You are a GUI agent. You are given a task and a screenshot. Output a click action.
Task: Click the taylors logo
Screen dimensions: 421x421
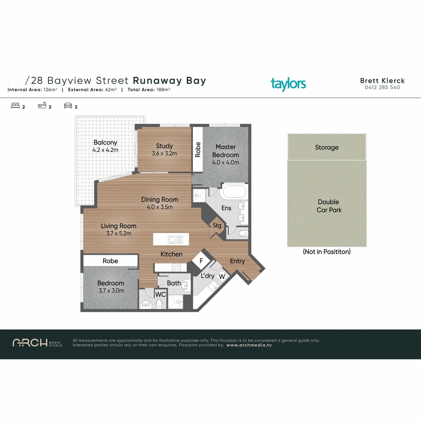click(x=288, y=84)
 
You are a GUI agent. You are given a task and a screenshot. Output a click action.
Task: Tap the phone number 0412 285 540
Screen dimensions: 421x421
click(x=382, y=88)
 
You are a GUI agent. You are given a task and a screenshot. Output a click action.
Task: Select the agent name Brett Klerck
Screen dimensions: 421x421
click(x=382, y=81)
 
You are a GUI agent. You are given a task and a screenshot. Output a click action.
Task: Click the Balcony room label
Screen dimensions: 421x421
click(x=105, y=143)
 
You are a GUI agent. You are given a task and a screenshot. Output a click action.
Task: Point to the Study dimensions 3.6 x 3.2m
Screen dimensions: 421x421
click(x=164, y=154)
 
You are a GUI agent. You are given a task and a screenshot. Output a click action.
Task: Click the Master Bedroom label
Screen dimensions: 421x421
click(x=225, y=151)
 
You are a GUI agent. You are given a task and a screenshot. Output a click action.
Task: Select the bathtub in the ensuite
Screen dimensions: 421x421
click(x=233, y=192)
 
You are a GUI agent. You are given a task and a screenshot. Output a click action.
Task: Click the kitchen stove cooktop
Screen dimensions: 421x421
click(x=176, y=267)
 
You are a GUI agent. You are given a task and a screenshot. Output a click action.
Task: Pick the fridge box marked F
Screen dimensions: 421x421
click(x=201, y=261)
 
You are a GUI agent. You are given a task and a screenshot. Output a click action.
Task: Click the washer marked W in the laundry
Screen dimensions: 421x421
click(x=221, y=276)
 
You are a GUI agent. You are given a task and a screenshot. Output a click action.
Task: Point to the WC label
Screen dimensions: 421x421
click(x=161, y=295)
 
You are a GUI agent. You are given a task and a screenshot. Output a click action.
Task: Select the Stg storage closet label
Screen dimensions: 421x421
click(x=217, y=226)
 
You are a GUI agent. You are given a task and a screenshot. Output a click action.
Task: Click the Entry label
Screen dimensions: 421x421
click(x=237, y=261)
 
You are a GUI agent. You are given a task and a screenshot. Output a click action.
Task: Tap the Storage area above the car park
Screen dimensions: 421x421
click(x=327, y=147)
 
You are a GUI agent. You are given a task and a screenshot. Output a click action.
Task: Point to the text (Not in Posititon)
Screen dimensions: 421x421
click(x=327, y=252)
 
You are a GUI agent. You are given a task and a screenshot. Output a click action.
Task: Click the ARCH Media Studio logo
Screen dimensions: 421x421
click(x=37, y=343)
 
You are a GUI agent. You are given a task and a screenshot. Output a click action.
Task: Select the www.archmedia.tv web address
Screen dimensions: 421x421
click(x=249, y=345)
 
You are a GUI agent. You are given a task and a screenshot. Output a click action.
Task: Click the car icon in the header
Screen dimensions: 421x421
click(x=68, y=106)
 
